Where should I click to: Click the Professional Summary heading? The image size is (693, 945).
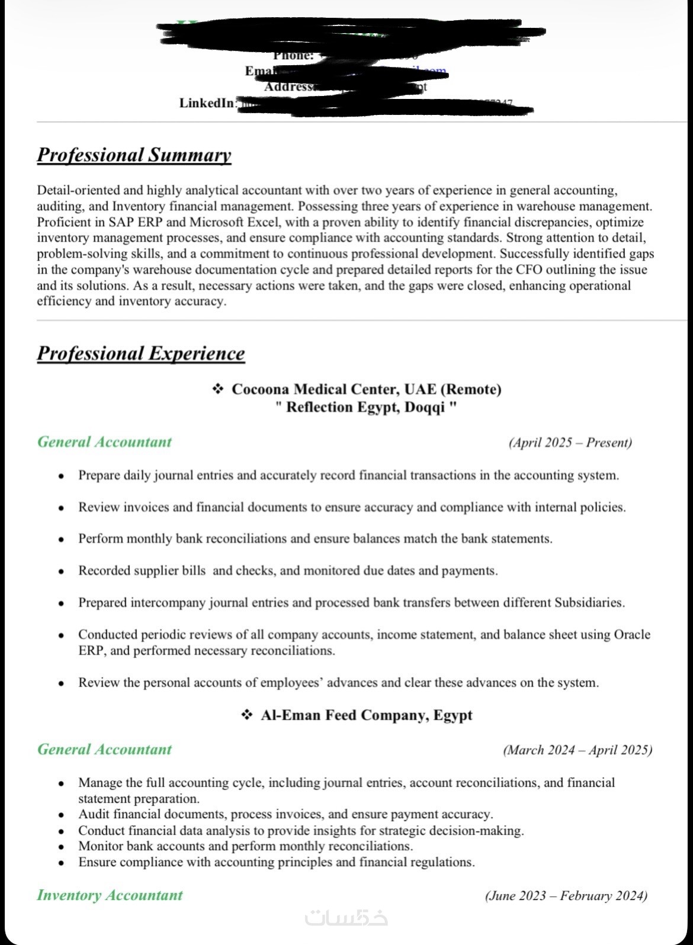click(134, 155)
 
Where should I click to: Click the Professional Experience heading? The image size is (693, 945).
click(141, 353)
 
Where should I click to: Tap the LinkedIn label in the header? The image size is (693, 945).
click(207, 103)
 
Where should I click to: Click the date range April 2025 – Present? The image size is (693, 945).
click(570, 443)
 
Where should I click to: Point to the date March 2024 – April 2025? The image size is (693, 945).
click(577, 750)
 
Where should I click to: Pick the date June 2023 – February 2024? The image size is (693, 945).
click(566, 895)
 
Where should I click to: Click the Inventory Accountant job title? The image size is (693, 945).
click(110, 895)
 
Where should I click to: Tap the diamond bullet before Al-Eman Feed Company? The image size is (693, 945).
click(247, 715)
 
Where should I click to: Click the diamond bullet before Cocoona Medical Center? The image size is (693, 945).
click(218, 389)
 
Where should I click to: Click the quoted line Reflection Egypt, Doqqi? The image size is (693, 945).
click(367, 408)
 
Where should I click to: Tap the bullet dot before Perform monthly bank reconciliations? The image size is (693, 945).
click(61, 540)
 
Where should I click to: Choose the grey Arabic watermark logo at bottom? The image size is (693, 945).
click(346, 918)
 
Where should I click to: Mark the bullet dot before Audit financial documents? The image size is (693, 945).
click(61, 815)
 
